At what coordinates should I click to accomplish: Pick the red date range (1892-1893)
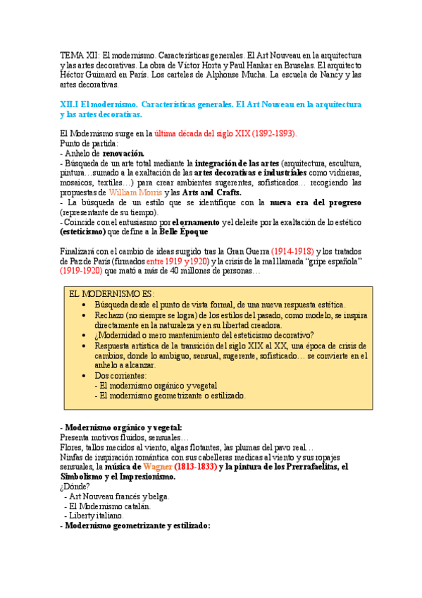tap(271, 133)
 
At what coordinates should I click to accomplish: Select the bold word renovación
tap(123, 152)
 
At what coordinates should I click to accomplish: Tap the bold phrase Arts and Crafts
tap(211, 193)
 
